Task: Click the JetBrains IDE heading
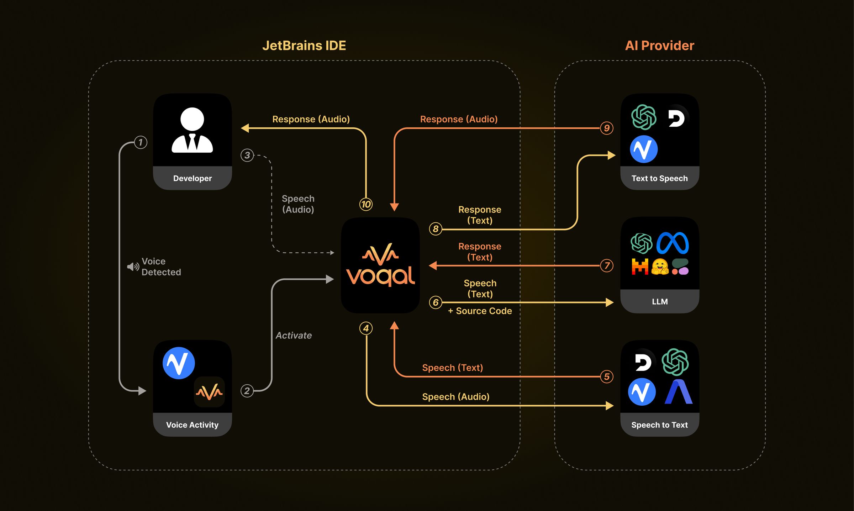304,46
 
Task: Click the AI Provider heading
659,46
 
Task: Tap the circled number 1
141,142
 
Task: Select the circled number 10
366,204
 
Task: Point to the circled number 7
607,265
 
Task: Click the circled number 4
366,328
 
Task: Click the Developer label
192,178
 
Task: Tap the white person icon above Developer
192,130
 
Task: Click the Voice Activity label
192,425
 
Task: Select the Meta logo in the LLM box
673,243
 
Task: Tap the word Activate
294,336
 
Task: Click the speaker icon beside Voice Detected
133,267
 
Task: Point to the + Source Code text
480,311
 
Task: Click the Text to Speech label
659,178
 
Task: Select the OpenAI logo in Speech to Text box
675,362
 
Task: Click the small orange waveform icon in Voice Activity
209,392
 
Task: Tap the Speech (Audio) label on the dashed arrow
298,204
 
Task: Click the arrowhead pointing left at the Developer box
245,128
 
